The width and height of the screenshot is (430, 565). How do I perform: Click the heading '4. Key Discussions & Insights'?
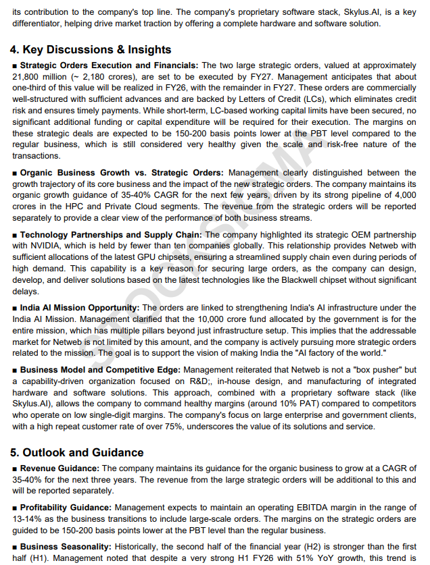(90, 50)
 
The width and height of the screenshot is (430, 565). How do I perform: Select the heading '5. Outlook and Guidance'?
(76, 452)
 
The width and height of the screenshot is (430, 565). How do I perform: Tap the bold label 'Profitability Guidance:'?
(66, 507)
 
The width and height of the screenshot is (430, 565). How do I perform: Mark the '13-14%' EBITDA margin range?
(28, 518)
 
